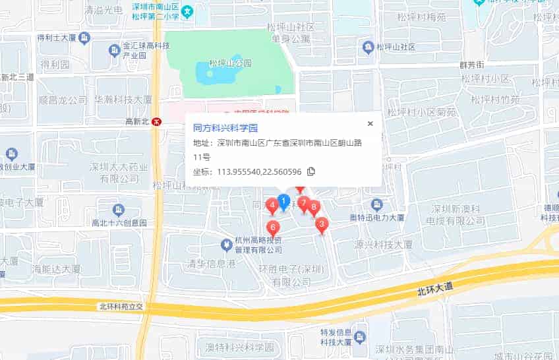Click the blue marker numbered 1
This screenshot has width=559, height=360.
click(283, 201)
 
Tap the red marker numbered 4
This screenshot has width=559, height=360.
click(271, 206)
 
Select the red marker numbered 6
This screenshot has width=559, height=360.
click(272, 228)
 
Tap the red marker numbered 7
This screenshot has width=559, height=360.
click(303, 203)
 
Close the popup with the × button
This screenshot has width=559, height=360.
click(370, 123)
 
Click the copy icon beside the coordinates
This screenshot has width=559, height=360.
click(311, 172)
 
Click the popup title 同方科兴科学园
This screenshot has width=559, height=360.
click(225, 127)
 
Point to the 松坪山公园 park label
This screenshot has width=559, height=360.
click(230, 63)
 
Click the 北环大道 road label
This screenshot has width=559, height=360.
click(436, 287)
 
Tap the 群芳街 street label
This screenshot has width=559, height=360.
click(471, 65)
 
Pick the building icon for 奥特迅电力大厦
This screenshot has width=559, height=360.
click(376, 204)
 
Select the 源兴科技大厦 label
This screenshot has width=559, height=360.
click(383, 245)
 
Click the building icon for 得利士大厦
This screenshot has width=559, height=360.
click(84, 38)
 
